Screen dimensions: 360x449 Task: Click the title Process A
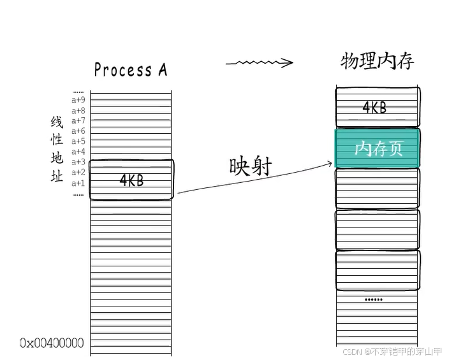(x=130, y=69)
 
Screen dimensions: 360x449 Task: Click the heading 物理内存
(x=377, y=61)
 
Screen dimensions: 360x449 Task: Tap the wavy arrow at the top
(x=259, y=62)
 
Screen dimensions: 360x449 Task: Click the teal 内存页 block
(x=378, y=148)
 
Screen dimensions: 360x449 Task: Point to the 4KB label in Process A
(x=131, y=180)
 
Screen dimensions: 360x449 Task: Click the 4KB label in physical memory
(x=374, y=108)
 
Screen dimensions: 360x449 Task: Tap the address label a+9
(x=78, y=100)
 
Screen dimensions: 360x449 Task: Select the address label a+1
(x=78, y=183)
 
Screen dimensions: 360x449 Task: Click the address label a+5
(x=78, y=141)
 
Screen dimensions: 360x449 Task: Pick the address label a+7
(x=78, y=121)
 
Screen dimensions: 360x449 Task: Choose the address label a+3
(x=78, y=162)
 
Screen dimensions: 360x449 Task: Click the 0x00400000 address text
(x=52, y=343)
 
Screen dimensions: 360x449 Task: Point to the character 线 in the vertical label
(x=57, y=122)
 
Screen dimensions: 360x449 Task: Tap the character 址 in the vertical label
(x=57, y=176)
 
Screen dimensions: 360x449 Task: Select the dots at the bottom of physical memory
(x=374, y=299)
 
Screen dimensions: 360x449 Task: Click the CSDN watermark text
(x=392, y=351)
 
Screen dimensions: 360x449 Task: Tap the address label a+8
(x=78, y=110)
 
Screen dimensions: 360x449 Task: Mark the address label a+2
(x=78, y=172)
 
